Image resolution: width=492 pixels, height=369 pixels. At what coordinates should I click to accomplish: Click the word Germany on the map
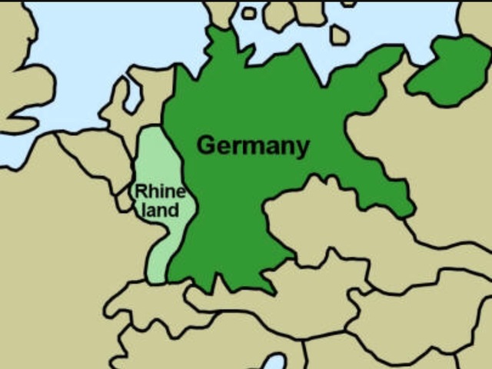pos(253,145)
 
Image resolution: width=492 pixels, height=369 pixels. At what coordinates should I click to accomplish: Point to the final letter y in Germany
pos(302,148)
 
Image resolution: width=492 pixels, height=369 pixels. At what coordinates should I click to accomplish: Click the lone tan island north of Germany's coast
pos(339,35)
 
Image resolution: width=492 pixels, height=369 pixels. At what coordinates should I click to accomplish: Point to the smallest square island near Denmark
pos(248,13)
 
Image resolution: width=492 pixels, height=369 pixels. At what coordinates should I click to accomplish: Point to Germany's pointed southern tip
pos(269,289)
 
